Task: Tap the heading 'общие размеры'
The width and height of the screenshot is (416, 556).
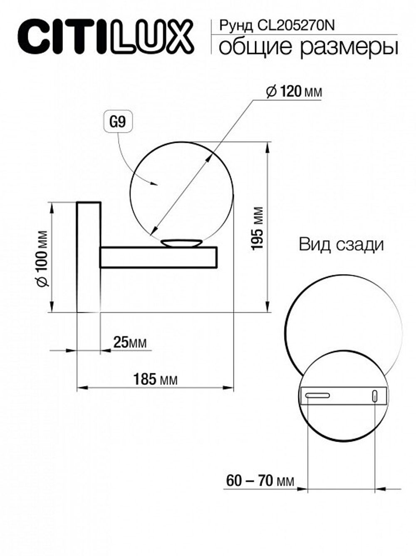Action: pyautogui.click(x=308, y=47)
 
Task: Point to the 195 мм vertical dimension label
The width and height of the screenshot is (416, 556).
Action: pyautogui.click(x=258, y=228)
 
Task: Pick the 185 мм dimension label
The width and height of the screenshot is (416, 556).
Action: pyautogui.click(x=155, y=380)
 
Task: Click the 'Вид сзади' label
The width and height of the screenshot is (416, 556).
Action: pyautogui.click(x=341, y=245)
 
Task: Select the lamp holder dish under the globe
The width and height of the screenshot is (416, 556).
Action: pyautogui.click(x=181, y=243)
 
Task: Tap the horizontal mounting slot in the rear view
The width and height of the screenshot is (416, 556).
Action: pyautogui.click(x=317, y=395)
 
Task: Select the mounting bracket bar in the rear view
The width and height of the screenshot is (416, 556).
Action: pyautogui.click(x=343, y=395)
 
